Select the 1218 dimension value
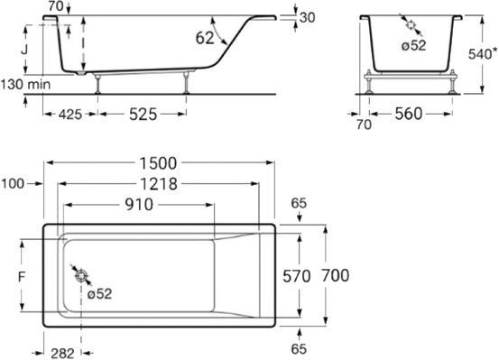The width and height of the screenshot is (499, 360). (x=161, y=184)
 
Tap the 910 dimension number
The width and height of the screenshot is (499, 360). (x=137, y=206)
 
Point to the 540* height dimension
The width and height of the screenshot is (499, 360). (x=484, y=55)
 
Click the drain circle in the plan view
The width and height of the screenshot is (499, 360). (x=80, y=277)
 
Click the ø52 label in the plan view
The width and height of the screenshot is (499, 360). (x=100, y=292)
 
